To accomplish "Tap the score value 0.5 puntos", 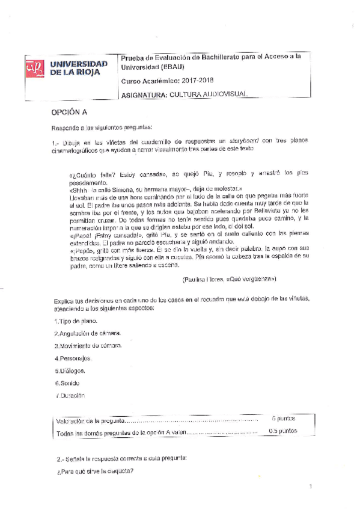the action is [x=282, y=431].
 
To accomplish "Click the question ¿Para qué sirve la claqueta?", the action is [x=91, y=471].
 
